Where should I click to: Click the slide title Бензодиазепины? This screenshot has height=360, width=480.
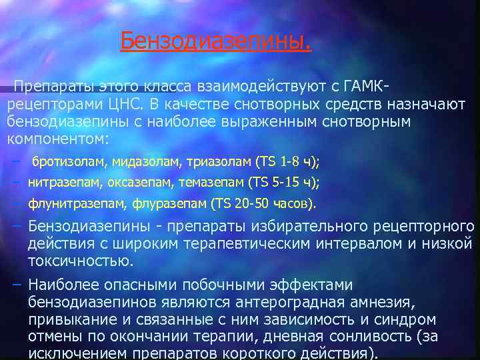click(x=215, y=42)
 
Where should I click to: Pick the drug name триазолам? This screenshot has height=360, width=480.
click(x=216, y=161)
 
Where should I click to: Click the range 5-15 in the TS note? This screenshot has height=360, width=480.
click(x=285, y=182)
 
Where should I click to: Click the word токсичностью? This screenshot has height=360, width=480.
click(x=81, y=261)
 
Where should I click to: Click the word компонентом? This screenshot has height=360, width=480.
click(x=55, y=139)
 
